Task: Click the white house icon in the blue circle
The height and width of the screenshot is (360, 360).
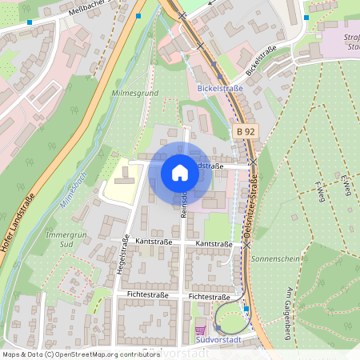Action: pos(180,172)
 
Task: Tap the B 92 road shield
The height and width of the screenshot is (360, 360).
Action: pos(245,131)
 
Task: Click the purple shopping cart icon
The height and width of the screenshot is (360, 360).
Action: pos(199,330)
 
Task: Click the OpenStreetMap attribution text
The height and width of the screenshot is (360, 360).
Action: pos(80,354)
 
